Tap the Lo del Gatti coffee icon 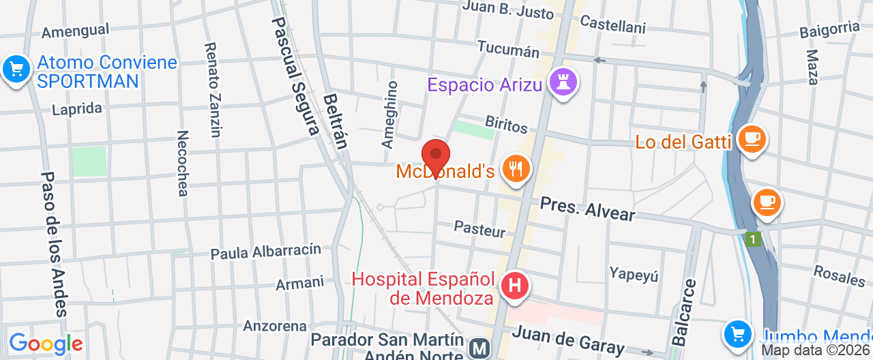[752, 138]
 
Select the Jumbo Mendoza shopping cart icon [737, 334]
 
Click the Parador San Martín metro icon [480, 348]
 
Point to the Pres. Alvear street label [587, 209]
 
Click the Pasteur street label [479, 229]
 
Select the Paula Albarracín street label [265, 252]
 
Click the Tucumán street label [508, 49]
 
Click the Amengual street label [75, 31]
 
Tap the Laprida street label [77, 109]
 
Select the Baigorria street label [829, 29]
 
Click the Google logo [46, 343]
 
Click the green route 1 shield [753, 239]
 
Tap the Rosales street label [839, 275]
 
